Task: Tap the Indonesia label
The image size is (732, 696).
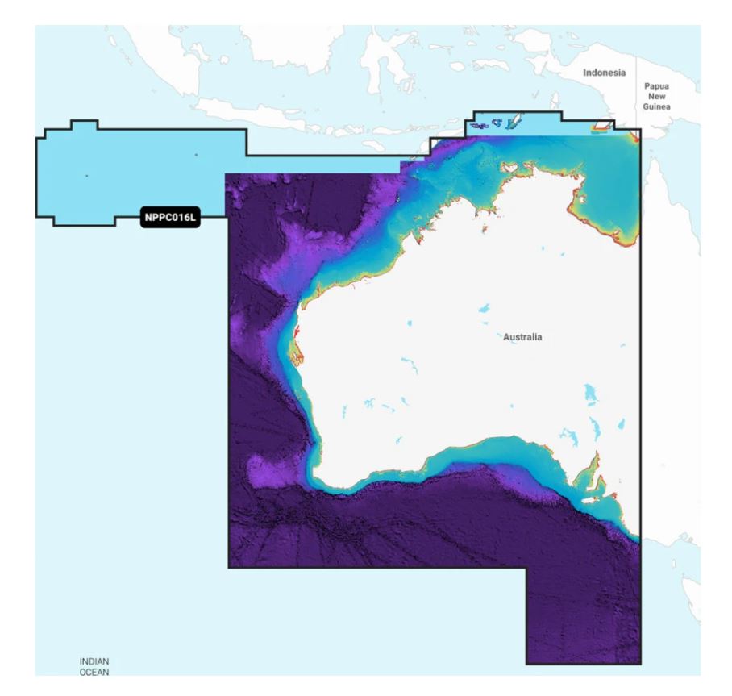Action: (603, 73)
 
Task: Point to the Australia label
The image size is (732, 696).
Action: (522, 336)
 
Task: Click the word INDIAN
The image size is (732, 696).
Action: (94, 661)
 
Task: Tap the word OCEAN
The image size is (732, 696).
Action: (94, 670)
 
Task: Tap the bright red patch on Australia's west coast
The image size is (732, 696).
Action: (297, 333)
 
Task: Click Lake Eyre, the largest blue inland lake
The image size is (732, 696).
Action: (593, 395)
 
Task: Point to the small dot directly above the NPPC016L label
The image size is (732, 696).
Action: (195, 155)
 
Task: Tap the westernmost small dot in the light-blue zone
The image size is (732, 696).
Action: (87, 174)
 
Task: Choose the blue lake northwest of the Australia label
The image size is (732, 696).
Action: (483, 308)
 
